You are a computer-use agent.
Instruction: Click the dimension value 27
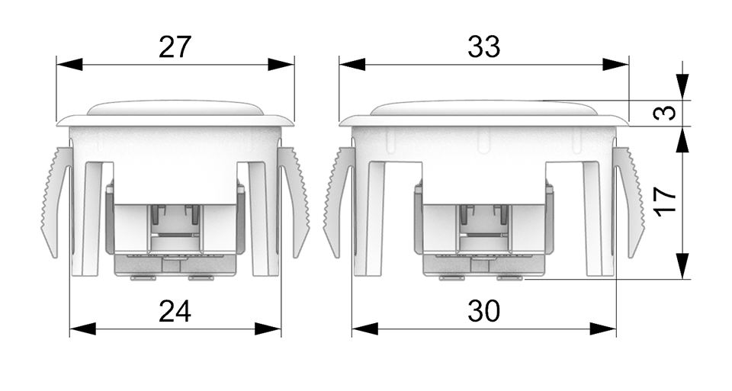(175, 47)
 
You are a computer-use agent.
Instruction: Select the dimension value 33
(483, 47)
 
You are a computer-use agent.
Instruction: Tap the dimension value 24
(175, 311)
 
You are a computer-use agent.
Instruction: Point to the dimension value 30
(483, 311)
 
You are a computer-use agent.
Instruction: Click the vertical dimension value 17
(665, 201)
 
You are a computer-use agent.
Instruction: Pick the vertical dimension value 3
(665, 113)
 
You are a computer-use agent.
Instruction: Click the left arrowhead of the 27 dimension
(69, 64)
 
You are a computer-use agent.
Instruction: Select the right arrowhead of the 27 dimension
(281, 64)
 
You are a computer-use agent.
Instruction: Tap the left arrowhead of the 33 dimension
(352, 64)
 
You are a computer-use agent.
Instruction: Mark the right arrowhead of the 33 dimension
(616, 64)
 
